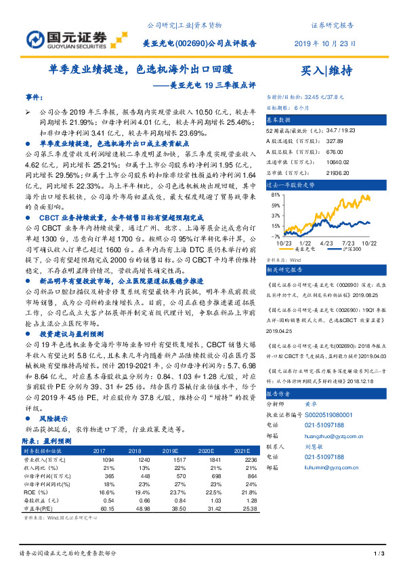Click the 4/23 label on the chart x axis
[326, 241]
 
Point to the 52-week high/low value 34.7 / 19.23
[336, 129]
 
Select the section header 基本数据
[278, 119]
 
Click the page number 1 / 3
[379, 554]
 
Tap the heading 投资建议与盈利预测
[71, 334]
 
